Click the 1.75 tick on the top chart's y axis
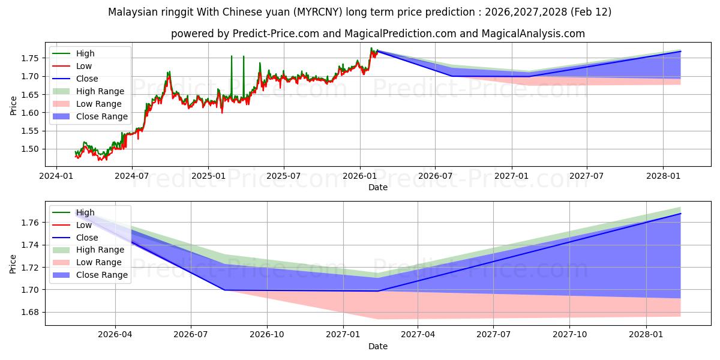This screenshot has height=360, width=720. coord(31,58)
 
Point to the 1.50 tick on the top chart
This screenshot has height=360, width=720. coord(31,149)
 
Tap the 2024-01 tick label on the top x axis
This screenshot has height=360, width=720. coord(56,176)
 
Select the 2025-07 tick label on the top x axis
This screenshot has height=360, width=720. coord(283,176)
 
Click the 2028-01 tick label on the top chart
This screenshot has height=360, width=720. coord(663,176)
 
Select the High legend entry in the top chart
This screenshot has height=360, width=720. coord(85,53)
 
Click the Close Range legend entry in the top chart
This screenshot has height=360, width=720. coord(101,116)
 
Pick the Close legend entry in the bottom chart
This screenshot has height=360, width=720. coord(87,238)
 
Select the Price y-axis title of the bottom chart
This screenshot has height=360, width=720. coord(13,263)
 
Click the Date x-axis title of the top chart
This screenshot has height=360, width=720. coord(378,187)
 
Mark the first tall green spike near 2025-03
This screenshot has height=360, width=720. coord(232,56)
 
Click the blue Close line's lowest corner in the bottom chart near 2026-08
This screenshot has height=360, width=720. coord(225,290)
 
